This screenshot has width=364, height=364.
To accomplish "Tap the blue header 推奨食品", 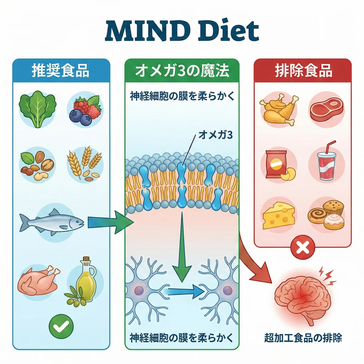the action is (60, 71).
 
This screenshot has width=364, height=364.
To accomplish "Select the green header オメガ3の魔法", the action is (182, 71).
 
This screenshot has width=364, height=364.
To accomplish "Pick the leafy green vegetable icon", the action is (38, 110).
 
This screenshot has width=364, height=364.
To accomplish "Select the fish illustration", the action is (51, 222).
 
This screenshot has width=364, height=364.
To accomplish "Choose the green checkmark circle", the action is (61, 326).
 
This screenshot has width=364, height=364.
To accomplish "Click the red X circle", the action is (303, 247).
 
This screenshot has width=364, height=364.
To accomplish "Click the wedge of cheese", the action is (279, 216).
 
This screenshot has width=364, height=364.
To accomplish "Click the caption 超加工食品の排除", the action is (303, 338).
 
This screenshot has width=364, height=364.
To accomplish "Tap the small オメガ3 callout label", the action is (216, 135).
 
